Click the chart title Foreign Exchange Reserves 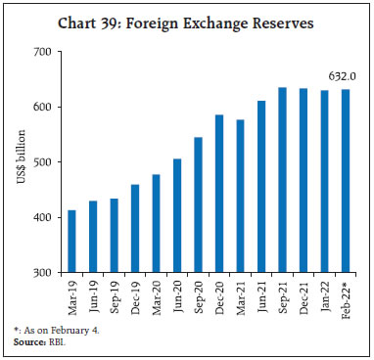tap(187, 17)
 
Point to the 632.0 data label tap(342, 74)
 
